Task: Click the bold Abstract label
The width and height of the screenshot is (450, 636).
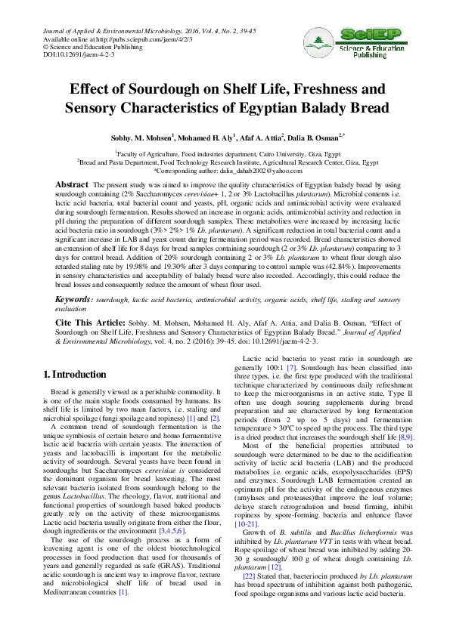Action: [x=72, y=184]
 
